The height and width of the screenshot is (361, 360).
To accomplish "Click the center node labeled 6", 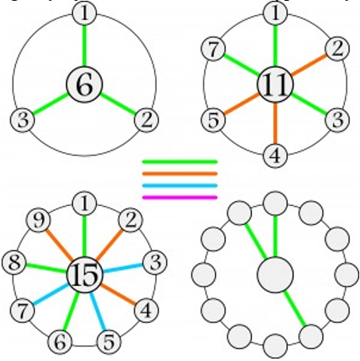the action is pos(84,84).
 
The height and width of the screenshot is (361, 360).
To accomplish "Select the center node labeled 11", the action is pos(275,84).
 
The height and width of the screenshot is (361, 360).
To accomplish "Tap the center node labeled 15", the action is pos(84,275).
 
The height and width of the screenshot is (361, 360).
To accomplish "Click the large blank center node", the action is pos(275,275).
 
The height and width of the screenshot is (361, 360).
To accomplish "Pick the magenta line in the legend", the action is pos(180,197).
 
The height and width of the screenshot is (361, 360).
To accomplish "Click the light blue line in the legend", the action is pos(180,185).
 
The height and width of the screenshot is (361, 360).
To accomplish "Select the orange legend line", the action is pos(180,174).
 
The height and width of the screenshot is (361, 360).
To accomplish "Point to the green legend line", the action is pos(180,161).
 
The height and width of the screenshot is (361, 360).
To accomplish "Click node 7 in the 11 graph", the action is pos(213,49).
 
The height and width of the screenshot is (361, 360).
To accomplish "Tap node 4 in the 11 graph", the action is pos(275,156).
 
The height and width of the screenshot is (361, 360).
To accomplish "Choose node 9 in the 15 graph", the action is pos(39,220).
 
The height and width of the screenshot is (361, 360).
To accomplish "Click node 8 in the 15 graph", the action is pos(14,262).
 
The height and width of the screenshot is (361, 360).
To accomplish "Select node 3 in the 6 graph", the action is pos(22,120).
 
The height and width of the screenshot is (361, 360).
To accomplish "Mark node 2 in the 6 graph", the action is pos(146,120).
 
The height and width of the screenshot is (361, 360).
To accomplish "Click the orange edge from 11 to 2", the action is pos(309,64).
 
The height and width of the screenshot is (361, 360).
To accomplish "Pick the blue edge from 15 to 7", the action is pos(50,294).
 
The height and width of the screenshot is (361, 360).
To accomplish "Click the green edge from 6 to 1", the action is pos(84,45).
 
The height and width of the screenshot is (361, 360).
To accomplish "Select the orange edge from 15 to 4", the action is pos(118,294).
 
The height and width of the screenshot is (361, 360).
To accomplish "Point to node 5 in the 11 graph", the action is pos(213,120).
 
